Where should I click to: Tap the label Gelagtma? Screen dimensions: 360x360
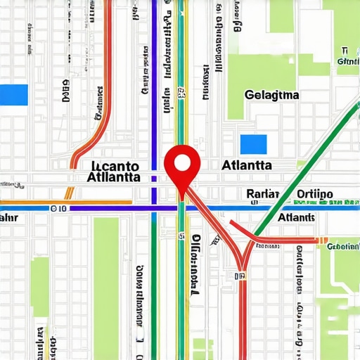click(x=273, y=95)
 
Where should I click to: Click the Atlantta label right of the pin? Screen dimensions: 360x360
click(x=246, y=166)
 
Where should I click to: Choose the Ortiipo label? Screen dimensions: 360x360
click(x=315, y=194)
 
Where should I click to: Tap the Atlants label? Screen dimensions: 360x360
click(x=296, y=218)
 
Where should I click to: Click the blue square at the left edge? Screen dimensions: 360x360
click(x=13, y=95)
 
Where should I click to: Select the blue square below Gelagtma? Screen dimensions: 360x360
click(x=254, y=144)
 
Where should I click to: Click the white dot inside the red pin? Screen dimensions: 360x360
click(x=182, y=163)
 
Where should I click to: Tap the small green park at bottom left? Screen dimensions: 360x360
click(x=39, y=285)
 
